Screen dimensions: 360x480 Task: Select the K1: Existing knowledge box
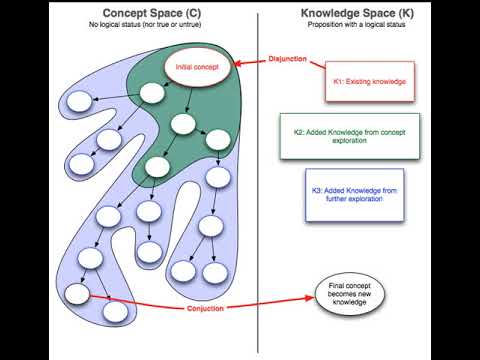pyautogui.click(x=368, y=83)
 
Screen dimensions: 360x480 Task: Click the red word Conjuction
pyautogui.click(x=212, y=308)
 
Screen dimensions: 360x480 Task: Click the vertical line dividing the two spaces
pyautogui.click(x=258, y=200)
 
